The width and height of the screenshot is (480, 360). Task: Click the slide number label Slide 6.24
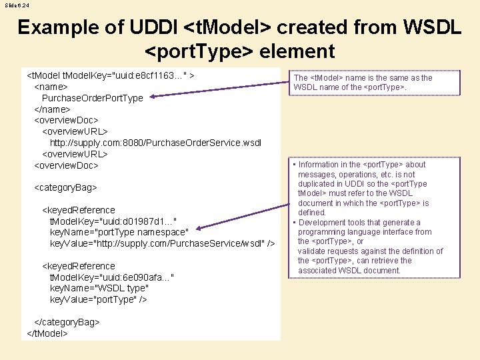click(17, 6)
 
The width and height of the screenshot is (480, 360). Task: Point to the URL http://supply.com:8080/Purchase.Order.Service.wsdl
click(155, 143)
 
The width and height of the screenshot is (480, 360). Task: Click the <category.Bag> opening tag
click(65, 188)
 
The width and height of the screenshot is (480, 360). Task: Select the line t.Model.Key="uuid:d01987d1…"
click(113, 221)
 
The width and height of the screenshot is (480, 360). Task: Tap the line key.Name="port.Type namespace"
click(119, 232)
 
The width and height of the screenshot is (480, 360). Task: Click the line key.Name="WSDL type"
click(99, 288)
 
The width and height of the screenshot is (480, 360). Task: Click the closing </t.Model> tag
click(47, 333)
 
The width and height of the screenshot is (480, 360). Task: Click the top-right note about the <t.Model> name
click(363, 83)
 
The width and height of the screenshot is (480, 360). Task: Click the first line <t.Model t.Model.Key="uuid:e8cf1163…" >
click(110, 75)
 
